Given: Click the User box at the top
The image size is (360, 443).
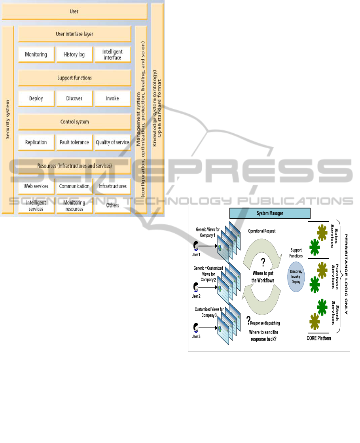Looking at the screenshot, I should coord(74,11).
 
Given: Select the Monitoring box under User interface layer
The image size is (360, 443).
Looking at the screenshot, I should coord(36,55).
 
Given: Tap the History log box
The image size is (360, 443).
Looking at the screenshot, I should coord(74,55).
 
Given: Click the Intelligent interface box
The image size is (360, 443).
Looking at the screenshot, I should coord(112,55).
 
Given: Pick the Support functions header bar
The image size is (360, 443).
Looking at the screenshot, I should coord(74,78).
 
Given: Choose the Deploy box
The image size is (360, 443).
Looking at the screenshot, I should coord(36,98).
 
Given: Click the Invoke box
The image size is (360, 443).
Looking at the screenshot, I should coord(112,98).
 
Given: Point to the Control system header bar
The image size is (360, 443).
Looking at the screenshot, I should coord(74,122).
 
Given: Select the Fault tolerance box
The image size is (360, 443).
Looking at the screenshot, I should coord(74,142).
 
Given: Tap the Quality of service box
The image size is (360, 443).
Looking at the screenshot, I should coord(112,142).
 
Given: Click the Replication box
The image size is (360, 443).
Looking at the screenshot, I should coord(36,142).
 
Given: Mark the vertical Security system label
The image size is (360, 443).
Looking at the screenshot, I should coord(8,119).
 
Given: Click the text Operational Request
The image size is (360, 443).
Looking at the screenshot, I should coord(262,231).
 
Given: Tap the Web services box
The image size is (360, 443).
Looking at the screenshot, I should coord(36,186).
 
